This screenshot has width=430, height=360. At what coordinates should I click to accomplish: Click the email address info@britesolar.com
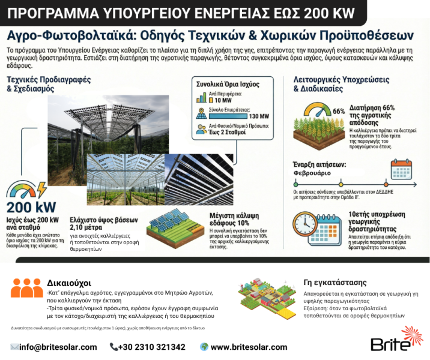[x=58, y=347]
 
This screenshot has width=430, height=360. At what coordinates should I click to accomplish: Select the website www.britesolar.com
[x=249, y=347]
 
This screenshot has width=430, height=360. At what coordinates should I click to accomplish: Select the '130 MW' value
[x=258, y=116]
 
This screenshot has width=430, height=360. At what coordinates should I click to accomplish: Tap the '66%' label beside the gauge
[x=338, y=111]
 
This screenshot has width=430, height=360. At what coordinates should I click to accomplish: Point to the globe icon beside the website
[x=204, y=347]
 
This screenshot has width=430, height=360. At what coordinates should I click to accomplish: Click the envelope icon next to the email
[x=14, y=347]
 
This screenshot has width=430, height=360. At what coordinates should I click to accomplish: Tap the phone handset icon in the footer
[x=114, y=347]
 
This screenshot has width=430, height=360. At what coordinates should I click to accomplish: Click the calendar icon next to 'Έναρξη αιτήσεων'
[x=401, y=170]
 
